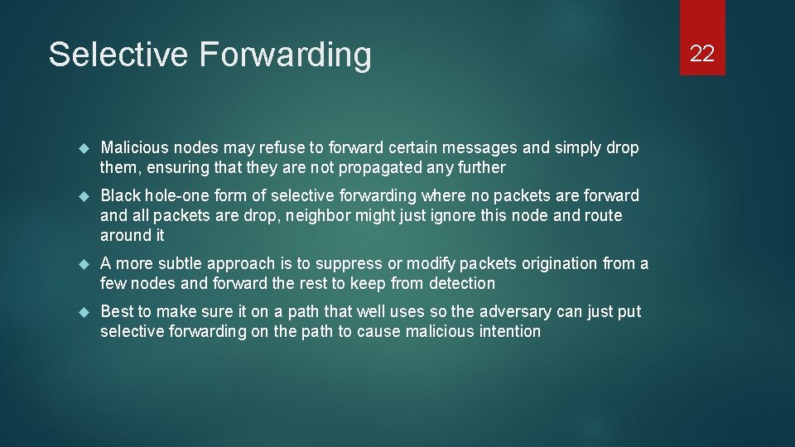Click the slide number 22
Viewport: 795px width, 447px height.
702,54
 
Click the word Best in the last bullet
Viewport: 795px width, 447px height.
117,312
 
